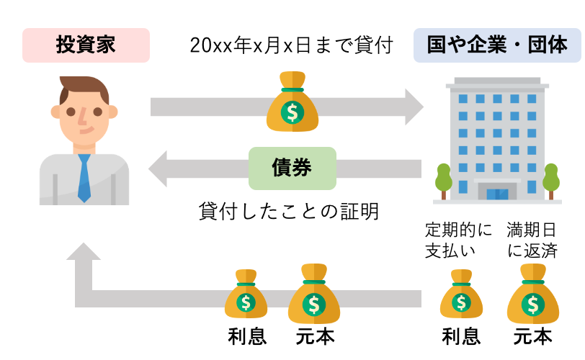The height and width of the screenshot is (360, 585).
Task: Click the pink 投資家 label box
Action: point(86,45)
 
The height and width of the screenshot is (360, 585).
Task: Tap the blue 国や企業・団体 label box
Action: point(496,45)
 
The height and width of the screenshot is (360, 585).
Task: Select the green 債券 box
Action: point(292,168)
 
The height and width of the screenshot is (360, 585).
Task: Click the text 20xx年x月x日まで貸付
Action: point(292,45)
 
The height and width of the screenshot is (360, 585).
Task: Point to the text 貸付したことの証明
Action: point(288,212)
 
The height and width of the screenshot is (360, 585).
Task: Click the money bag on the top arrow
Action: point(292,105)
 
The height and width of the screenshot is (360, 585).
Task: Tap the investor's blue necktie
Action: point(84,176)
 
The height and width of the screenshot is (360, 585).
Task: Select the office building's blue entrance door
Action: point(496,194)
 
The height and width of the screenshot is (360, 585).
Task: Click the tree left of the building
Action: point(442,180)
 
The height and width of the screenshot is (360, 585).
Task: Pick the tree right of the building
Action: point(551,180)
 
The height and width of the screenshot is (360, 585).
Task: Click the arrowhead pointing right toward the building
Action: point(414,107)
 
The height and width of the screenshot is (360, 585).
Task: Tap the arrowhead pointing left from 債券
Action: point(160,169)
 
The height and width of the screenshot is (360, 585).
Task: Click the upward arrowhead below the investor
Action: point(85,256)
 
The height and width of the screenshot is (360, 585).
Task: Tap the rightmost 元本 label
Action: point(532,336)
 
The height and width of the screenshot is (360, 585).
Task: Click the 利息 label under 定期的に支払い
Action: point(461,336)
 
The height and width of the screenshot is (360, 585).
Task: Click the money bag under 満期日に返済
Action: point(532,295)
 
